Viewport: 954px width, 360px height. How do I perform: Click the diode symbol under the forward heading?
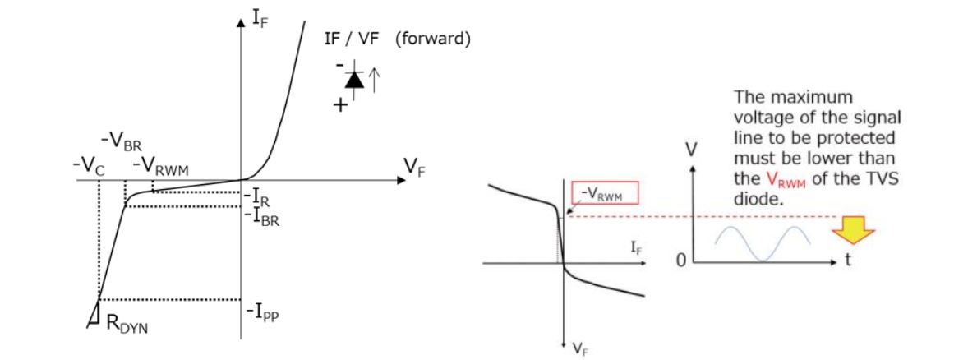(x=354, y=80)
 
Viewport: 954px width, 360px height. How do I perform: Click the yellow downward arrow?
(x=849, y=229)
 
